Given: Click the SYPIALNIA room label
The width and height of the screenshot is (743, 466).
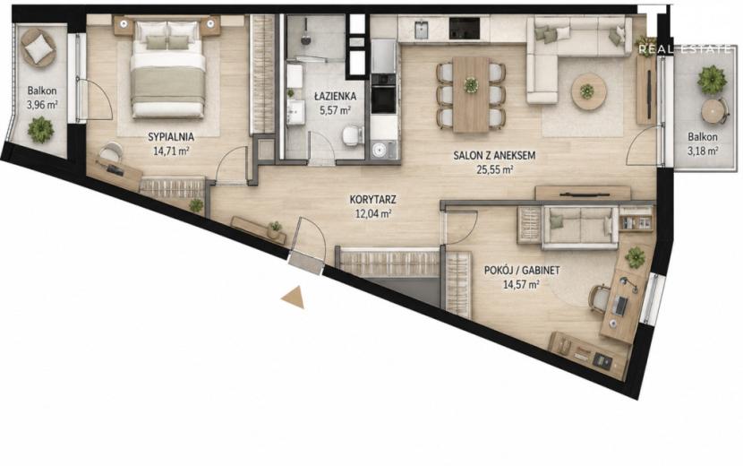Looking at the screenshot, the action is click(x=171, y=137).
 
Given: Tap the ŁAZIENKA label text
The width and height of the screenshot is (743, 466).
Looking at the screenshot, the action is click(x=335, y=96).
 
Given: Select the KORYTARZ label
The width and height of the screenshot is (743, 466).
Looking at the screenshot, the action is click(x=373, y=200).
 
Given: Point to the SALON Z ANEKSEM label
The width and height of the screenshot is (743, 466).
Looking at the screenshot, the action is click(x=494, y=155).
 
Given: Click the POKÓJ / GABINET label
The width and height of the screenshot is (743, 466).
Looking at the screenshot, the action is click(x=522, y=271).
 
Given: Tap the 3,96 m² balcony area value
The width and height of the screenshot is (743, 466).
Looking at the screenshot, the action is click(x=42, y=105).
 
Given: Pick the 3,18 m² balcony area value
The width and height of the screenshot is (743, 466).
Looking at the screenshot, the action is click(x=703, y=151).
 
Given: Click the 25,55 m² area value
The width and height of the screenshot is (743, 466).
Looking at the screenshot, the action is click(x=495, y=169).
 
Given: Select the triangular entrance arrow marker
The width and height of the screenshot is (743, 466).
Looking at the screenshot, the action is click(x=293, y=298).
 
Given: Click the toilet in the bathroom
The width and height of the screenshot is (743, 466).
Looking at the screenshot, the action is click(x=352, y=135).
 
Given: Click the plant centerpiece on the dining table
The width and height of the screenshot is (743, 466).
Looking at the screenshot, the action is click(x=471, y=85).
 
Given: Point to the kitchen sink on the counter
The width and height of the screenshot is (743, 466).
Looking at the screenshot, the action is click(x=421, y=30).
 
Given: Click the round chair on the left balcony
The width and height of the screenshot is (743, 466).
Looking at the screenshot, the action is click(x=38, y=47).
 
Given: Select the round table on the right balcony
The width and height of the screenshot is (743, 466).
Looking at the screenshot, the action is click(x=713, y=112).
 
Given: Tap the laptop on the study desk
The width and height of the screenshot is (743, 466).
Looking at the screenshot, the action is click(x=619, y=305).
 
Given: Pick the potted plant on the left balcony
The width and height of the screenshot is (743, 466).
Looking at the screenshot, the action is click(x=40, y=129).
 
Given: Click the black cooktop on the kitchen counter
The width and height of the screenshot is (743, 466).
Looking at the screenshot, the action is click(x=465, y=28).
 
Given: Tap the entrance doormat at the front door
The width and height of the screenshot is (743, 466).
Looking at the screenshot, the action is click(x=306, y=263).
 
